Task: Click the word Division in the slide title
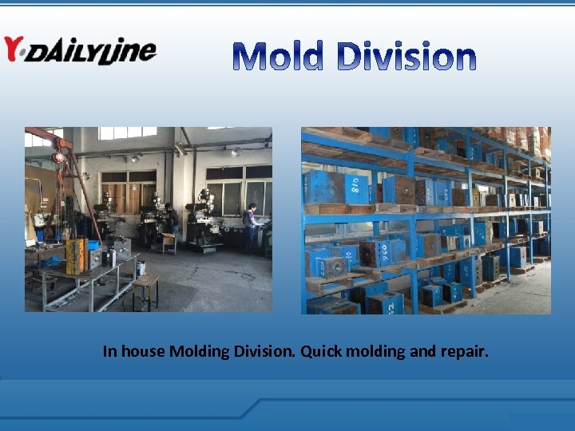pyautogui.click(x=406, y=57)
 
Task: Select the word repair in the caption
pyautogui.click(x=463, y=351)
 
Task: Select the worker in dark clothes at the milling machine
pyautogui.click(x=172, y=218)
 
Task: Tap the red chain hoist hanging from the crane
pyautogui.click(x=58, y=157)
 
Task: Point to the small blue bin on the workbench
pyautogui.click(x=93, y=245)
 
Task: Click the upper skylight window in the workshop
pyautogui.click(x=128, y=132)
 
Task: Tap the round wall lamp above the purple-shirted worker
pyautogui.click(x=236, y=152)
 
